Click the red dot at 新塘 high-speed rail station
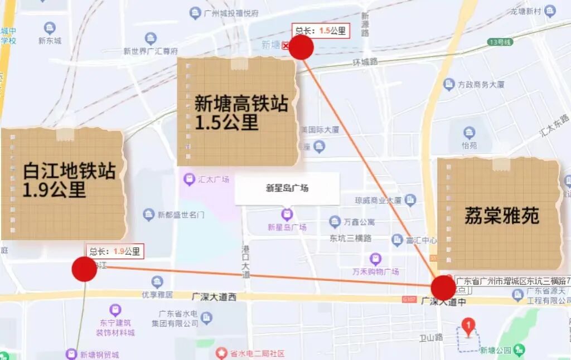301,48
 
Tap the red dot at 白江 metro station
84,269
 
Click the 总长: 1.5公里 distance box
321,31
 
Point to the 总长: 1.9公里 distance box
115,251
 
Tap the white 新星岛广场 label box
287,188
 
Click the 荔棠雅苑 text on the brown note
502,216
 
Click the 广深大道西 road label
214,297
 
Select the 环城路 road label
366,61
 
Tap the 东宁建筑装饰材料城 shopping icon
115,309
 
